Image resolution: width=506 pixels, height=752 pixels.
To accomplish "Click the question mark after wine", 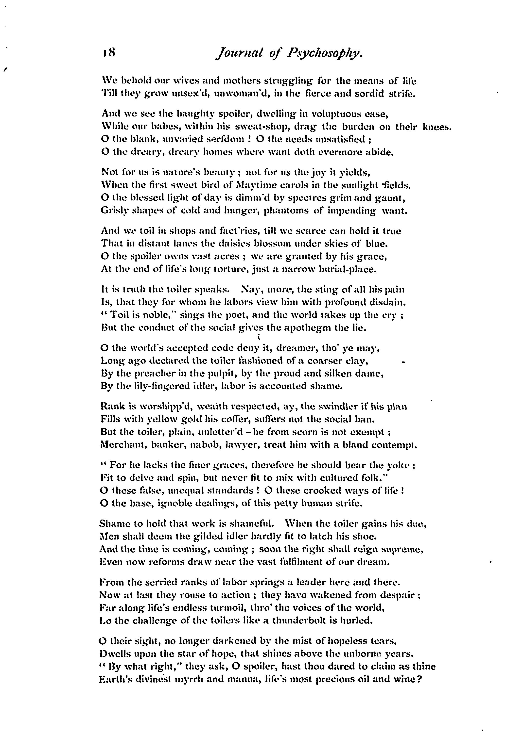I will tap(419, 679).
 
